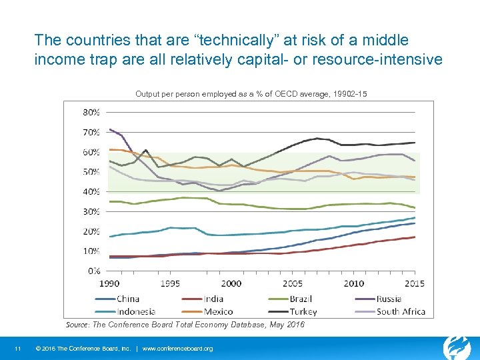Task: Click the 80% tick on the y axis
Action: pos(91,111)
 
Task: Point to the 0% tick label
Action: pos(93,271)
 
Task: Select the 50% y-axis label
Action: pos(91,171)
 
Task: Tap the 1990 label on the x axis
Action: pos(109,283)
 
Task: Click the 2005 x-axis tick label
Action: pos(293,283)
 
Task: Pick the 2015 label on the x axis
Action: pos(415,283)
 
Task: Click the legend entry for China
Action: pos(127,299)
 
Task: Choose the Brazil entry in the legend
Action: pos(301,299)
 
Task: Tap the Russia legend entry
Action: pos(389,299)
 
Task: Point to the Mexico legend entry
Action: pos(218,311)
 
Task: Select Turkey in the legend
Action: pos(303,311)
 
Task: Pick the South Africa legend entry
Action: pos(400,311)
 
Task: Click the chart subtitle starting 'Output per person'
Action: pos(251,94)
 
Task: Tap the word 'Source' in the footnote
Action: pos(77,325)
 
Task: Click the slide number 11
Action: pos(18,349)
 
